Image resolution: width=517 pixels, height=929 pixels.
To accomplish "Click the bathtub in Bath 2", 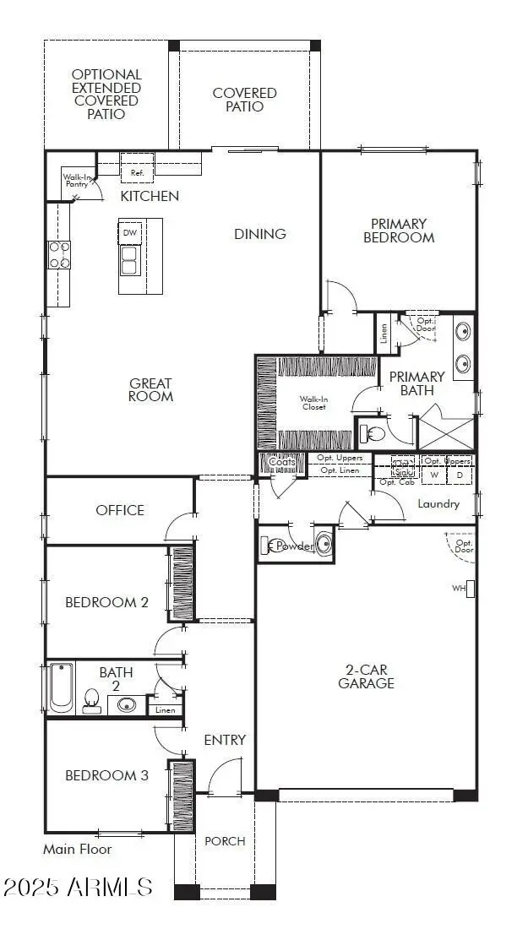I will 62,688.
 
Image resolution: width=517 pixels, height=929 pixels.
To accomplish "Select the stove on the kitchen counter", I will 59,253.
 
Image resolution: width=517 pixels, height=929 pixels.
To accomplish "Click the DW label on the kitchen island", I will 129,232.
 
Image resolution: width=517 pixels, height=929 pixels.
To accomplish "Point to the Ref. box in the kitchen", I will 137,172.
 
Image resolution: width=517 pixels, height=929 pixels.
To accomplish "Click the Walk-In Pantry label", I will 77,181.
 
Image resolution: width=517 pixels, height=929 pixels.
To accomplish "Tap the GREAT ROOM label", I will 151,389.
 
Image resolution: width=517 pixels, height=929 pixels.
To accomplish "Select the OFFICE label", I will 120,510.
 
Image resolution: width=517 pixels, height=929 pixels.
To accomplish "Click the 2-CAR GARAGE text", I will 366,676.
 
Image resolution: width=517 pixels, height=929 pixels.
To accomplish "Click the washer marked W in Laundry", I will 434,475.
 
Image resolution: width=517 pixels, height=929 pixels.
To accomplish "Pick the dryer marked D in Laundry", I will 460,475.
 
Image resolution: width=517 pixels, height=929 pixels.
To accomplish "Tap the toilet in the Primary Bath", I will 373,434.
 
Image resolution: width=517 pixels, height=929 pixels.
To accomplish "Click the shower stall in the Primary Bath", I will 447,426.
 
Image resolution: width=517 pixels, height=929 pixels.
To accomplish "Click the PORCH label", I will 226,840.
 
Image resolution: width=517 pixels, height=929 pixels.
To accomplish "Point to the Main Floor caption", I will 78,849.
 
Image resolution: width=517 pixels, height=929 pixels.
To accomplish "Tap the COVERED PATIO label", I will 244,100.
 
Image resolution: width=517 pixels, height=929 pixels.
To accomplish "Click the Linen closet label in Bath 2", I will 165,710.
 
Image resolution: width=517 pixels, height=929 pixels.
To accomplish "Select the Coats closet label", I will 282,462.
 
